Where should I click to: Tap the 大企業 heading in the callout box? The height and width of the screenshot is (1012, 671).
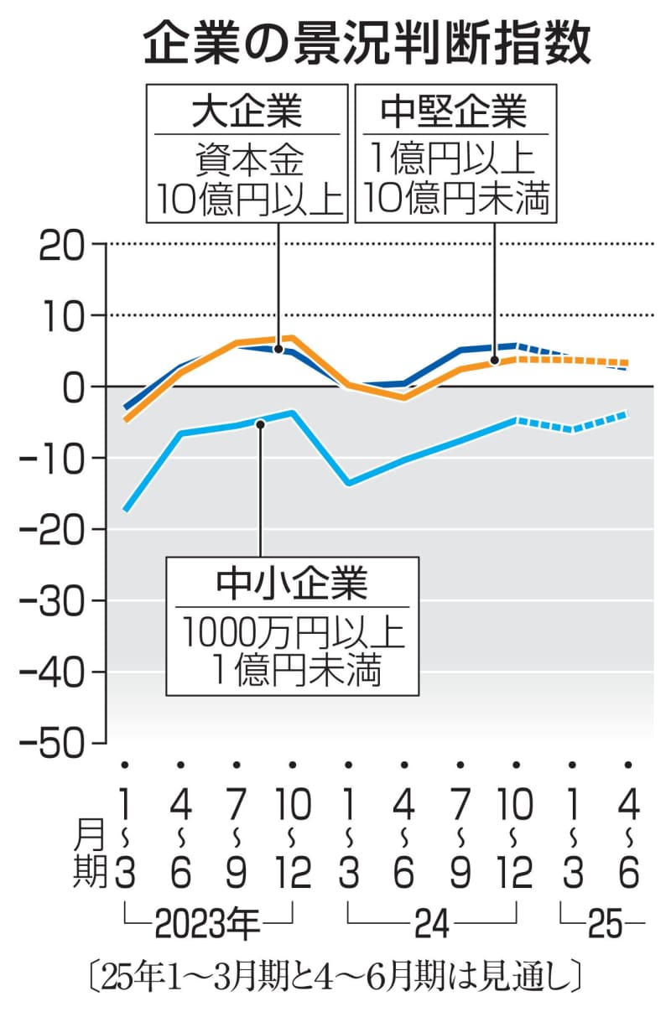247,112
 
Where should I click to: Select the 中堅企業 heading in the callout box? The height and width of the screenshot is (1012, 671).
453,112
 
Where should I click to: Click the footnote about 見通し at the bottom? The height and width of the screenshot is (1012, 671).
335,978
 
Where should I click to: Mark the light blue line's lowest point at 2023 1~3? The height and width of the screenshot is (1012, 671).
125,509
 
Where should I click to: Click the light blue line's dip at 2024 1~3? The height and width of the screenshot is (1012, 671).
348,484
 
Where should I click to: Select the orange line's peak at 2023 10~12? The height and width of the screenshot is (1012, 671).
292,338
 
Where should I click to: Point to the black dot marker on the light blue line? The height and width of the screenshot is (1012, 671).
260,424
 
